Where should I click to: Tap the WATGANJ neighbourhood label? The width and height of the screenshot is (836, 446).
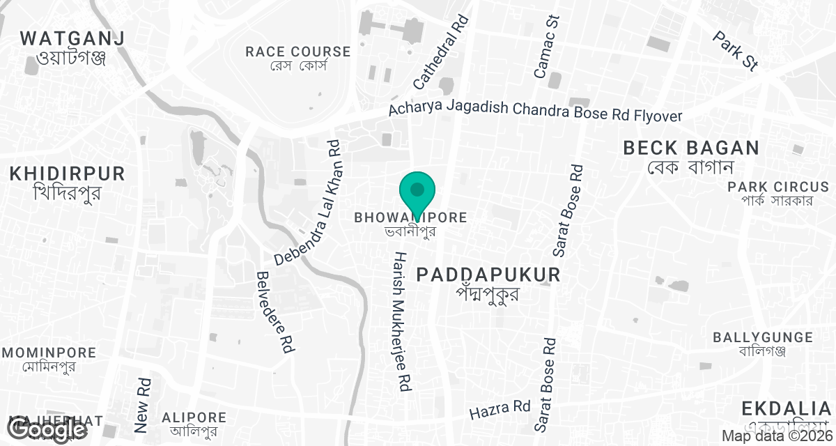point(72,38)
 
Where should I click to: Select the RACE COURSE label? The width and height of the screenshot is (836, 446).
point(298,52)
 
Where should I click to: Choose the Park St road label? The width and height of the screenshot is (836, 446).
point(735,49)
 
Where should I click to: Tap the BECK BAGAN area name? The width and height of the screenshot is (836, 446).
point(690,148)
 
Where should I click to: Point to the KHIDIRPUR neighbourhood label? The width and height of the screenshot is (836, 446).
point(67,174)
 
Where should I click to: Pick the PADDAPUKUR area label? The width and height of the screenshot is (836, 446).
point(488,275)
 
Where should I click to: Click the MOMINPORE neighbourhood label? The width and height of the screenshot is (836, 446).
point(48,353)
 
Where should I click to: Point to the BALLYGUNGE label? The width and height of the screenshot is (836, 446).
point(762,338)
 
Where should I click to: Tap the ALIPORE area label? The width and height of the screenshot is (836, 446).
point(194,417)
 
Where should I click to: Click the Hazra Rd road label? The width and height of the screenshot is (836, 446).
point(500,410)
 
